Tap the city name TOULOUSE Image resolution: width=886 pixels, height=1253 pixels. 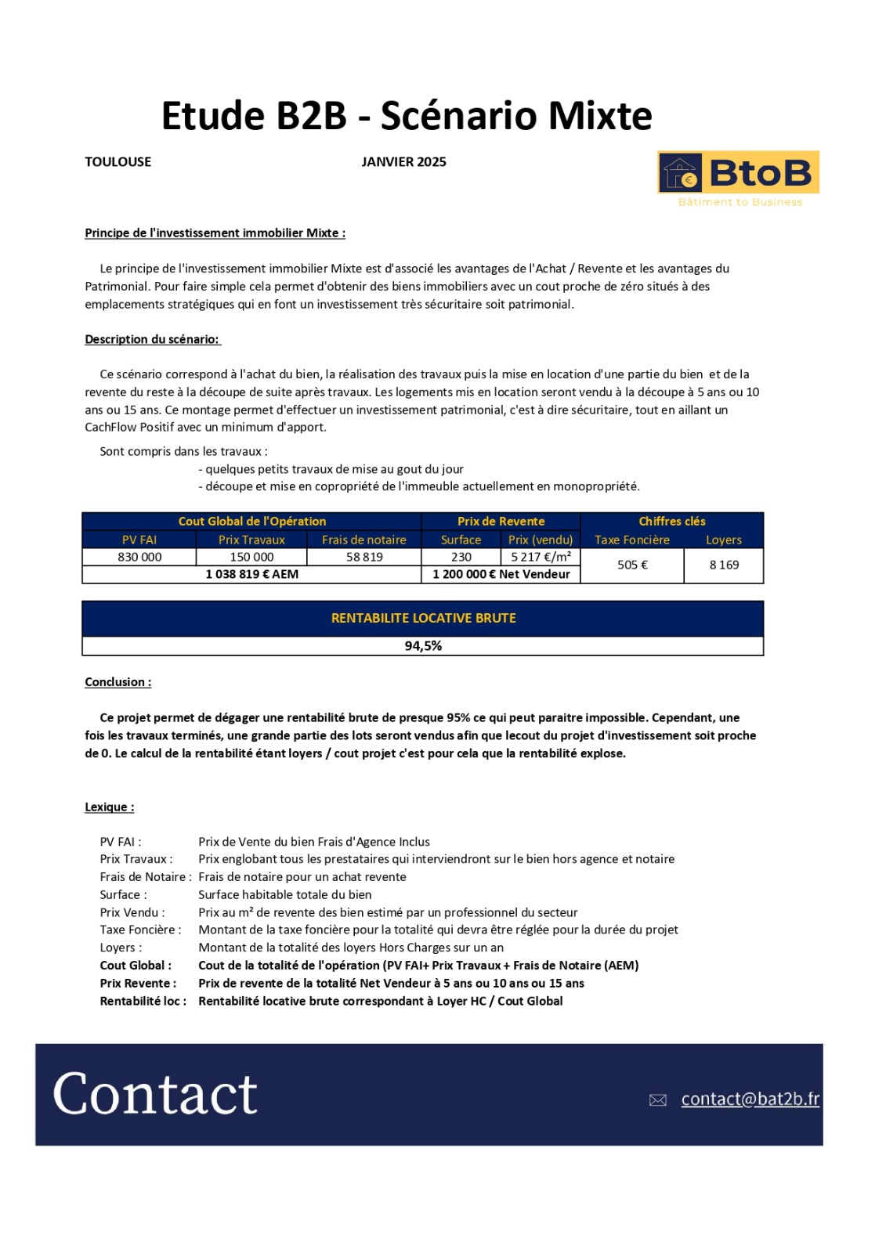(x=118, y=162)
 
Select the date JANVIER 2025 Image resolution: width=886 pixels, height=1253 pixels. (x=403, y=162)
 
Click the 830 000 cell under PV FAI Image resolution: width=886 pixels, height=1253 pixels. (x=139, y=557)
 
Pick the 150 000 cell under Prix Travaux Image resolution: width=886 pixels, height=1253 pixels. (x=251, y=557)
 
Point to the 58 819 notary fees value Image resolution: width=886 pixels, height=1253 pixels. (x=364, y=557)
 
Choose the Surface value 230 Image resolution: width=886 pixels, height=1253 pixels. (x=461, y=557)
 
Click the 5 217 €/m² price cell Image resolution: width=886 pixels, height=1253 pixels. (x=541, y=557)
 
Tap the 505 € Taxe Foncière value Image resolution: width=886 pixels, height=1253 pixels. (x=632, y=565)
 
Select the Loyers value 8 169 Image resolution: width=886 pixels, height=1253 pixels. (x=724, y=565)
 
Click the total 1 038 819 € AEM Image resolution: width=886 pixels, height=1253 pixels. (x=251, y=574)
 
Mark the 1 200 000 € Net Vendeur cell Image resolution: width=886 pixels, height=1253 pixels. (x=501, y=574)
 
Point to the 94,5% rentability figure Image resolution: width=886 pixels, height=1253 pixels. (x=423, y=646)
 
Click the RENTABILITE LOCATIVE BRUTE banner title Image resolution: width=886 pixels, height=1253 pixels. (x=423, y=618)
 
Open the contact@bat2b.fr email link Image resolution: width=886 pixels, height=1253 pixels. (x=750, y=1099)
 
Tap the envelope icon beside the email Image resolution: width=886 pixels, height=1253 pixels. (x=658, y=1100)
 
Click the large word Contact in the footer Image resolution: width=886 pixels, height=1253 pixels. (x=155, y=1094)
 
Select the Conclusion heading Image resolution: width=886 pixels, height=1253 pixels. (x=118, y=682)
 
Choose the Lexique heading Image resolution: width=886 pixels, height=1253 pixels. (x=109, y=807)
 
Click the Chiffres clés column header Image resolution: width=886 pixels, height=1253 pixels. (x=671, y=522)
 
